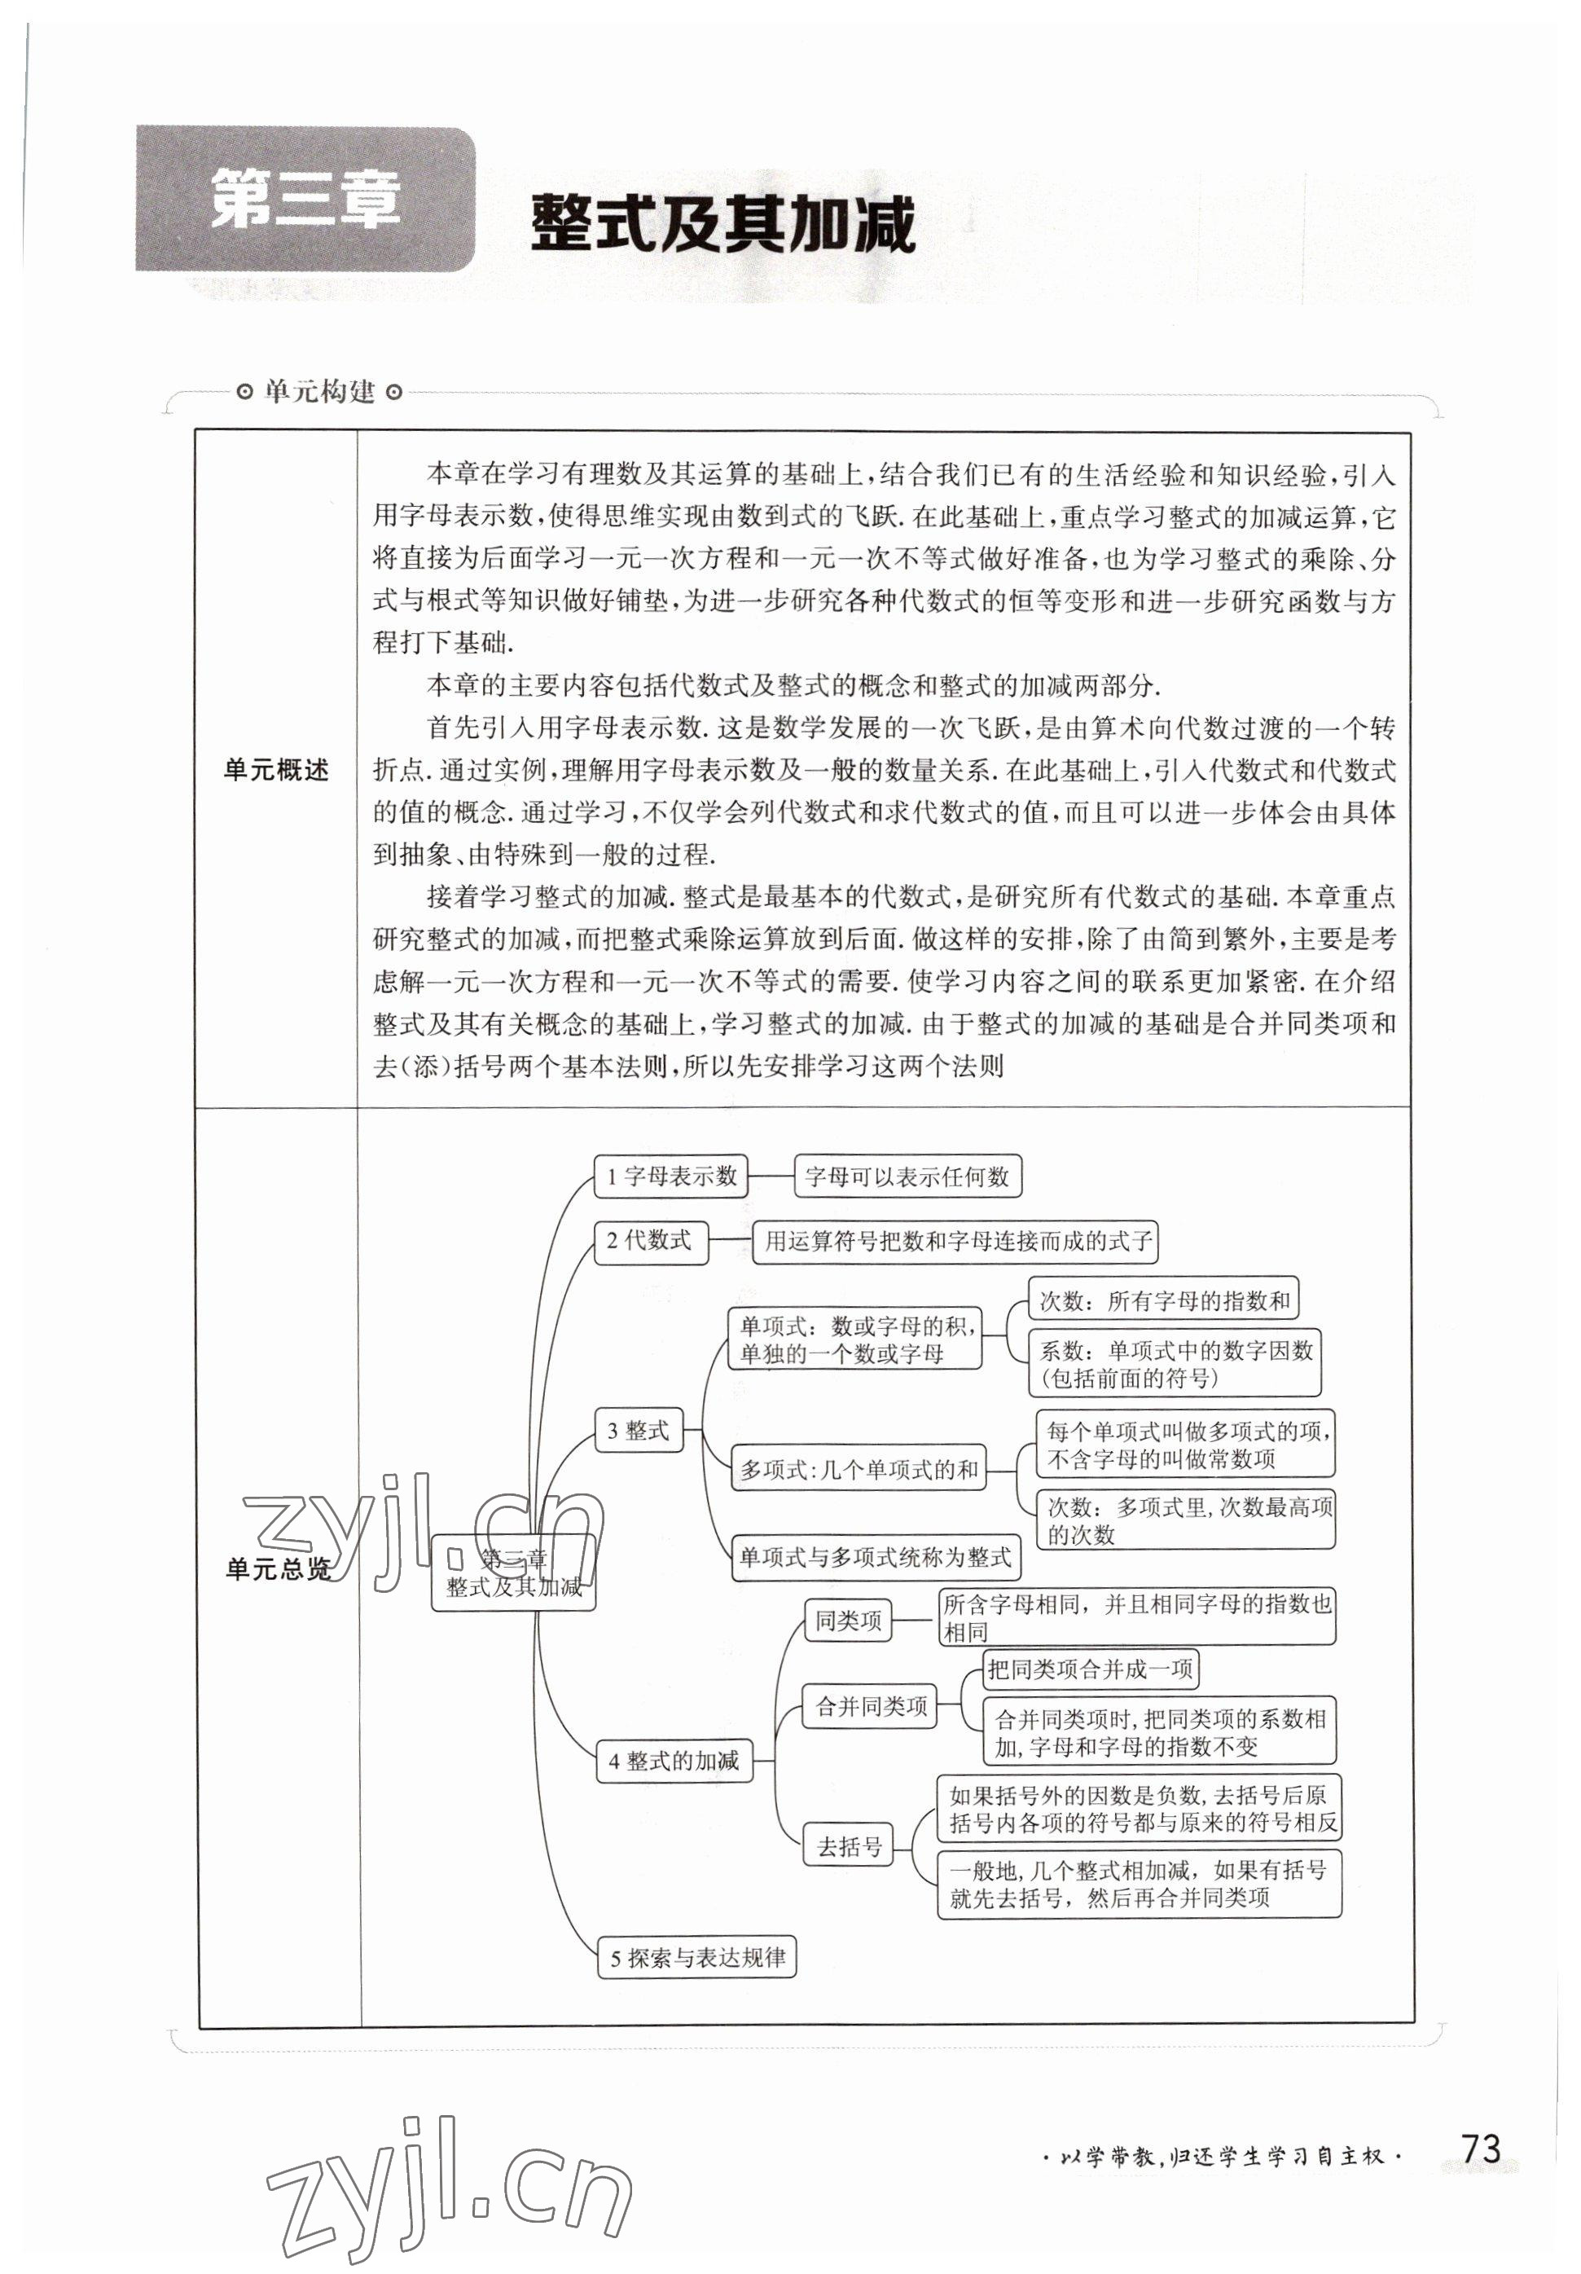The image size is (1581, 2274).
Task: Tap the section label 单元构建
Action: click(318, 392)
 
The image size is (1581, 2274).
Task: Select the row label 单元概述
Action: click(276, 770)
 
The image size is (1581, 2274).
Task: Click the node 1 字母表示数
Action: click(670, 1176)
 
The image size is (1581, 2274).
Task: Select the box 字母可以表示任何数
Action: click(907, 1176)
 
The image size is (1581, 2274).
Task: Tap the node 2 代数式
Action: click(651, 1241)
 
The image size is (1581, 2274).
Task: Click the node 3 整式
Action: click(639, 1429)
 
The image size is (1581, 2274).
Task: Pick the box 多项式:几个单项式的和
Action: click(859, 1470)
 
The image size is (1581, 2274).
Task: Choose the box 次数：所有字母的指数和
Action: click(1163, 1300)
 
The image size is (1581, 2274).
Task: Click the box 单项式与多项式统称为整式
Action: click(875, 1558)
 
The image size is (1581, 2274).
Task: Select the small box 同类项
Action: click(847, 1621)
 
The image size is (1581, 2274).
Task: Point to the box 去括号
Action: click(849, 1845)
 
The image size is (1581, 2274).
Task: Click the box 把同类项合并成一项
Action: click(1090, 1669)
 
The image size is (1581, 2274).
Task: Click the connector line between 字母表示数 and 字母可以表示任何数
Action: click(771, 1176)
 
